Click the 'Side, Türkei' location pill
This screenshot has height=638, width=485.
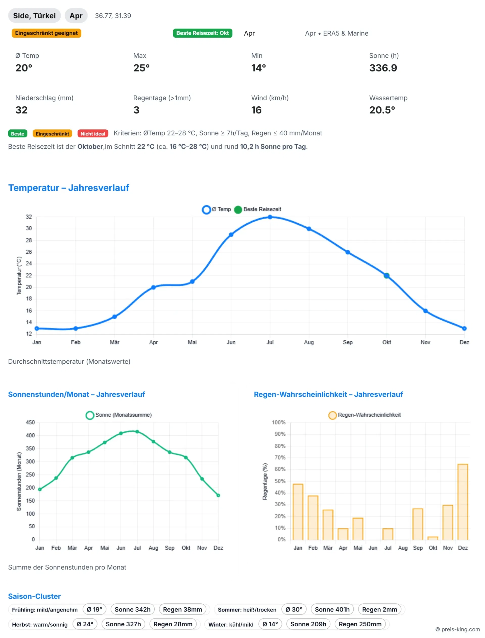coord(34,16)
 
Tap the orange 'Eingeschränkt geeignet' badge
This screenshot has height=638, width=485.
coord(46,33)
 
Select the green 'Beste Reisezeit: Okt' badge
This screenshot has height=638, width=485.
coord(202,33)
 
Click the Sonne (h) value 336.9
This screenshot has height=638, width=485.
coord(383,68)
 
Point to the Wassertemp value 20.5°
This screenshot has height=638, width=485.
coord(382,110)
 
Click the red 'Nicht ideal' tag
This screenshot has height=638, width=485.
coord(93,134)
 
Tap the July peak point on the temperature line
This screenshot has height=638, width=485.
coord(270,217)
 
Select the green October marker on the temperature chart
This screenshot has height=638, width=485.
coord(386,276)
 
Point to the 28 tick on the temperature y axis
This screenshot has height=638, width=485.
coord(29,240)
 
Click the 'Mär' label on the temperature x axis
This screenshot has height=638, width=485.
coord(114,342)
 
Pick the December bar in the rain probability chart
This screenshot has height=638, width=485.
coord(463,502)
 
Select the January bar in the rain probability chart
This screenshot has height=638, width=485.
coord(298,512)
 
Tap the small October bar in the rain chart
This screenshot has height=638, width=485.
coord(433,538)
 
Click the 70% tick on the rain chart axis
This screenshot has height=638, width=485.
coord(280,458)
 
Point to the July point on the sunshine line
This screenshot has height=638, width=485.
coord(137,432)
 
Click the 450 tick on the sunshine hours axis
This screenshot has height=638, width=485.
coord(30,422)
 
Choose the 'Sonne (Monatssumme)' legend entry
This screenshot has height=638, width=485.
coord(119,415)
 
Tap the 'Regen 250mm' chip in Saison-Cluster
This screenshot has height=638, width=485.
coord(360,624)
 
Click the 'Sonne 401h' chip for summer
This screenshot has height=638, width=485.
coord(332,609)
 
